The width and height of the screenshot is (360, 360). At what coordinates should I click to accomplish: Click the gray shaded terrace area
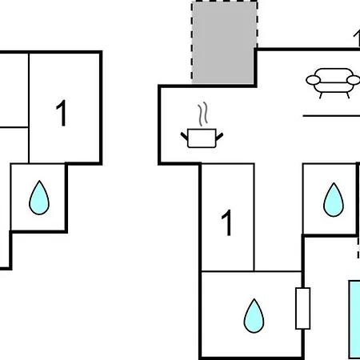pyautogui.click(x=223, y=42)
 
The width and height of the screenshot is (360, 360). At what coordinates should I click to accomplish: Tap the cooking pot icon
pyautogui.click(x=202, y=138)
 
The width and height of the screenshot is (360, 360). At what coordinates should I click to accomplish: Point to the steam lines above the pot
pyautogui.click(x=202, y=114)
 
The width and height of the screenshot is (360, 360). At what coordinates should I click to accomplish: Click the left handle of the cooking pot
pyautogui.click(x=184, y=136)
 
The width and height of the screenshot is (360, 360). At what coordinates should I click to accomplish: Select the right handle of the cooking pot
pyautogui.click(x=219, y=137)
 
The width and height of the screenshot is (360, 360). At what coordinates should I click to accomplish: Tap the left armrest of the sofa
pyautogui.click(x=314, y=80)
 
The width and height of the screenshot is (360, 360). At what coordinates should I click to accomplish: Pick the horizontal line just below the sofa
pyautogui.click(x=331, y=116)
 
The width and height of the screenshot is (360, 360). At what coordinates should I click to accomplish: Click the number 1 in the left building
pyautogui.click(x=62, y=113)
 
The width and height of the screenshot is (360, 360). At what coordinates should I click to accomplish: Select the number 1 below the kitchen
pyautogui.click(x=227, y=222)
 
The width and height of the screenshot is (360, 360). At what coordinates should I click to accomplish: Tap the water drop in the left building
pyautogui.click(x=39, y=198)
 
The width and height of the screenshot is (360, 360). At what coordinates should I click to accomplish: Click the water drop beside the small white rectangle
pyautogui.click(x=254, y=316)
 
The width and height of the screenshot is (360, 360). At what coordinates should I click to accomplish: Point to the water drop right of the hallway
pyautogui.click(x=334, y=199)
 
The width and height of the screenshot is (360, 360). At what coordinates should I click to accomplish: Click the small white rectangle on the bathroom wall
pyautogui.click(x=303, y=308)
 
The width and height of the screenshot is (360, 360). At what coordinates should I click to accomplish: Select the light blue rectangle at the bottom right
pyautogui.click(x=354, y=319)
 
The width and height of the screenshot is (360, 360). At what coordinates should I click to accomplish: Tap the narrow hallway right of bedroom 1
pyautogui.click(x=278, y=218)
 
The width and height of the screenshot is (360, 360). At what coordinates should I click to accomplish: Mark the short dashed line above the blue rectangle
pyautogui.click(x=358, y=248)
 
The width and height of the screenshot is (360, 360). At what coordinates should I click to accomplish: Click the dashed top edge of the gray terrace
pyautogui.click(x=224, y=2)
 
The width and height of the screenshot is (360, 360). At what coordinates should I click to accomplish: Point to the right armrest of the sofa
pyautogui.click(x=354, y=80)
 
